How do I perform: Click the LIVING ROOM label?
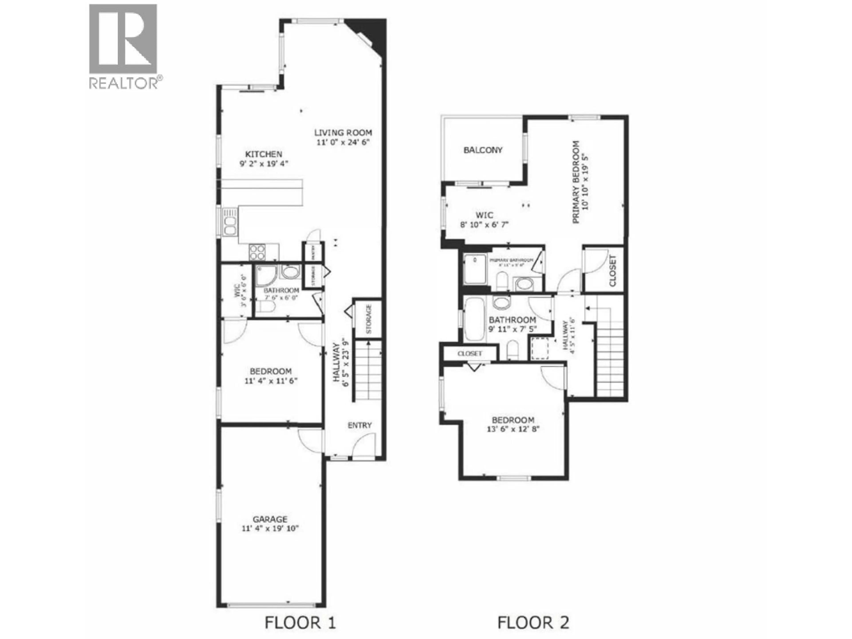pyautogui.click(x=343, y=132)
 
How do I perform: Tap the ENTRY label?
pyautogui.click(x=359, y=425)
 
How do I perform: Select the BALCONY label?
pyautogui.click(x=483, y=150)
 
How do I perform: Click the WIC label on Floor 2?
pyautogui.click(x=484, y=215)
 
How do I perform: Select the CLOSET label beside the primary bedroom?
pyautogui.click(x=612, y=271)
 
